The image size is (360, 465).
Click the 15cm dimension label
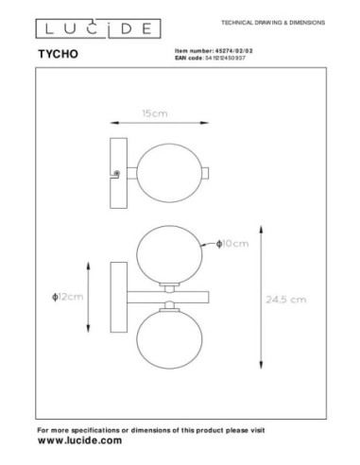tap(149, 112)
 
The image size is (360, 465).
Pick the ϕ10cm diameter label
tap(232, 244)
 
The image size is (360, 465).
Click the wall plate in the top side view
tap(117, 171)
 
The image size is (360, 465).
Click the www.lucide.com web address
tap(79, 441)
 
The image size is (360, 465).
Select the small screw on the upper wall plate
tap(116, 173)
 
